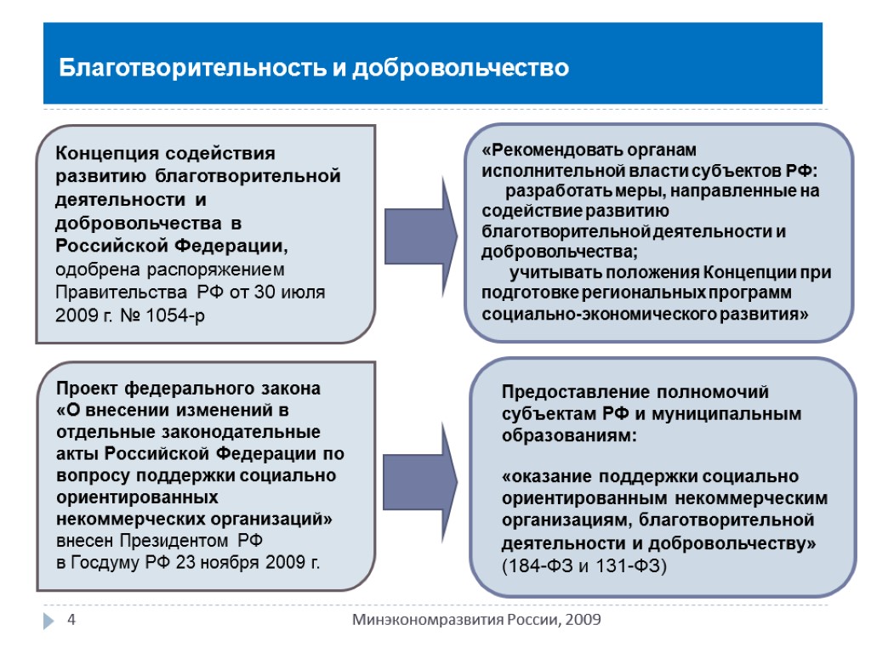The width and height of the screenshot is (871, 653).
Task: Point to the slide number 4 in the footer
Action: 72,620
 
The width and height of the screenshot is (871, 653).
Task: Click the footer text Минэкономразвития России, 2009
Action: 477,620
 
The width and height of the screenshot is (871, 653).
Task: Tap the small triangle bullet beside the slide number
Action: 49,621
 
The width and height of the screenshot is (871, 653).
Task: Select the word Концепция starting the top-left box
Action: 103,154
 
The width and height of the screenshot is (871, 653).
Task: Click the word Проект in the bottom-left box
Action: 88,389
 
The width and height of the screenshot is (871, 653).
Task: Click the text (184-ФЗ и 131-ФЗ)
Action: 585,565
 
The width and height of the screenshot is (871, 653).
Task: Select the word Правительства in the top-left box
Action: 122,292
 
